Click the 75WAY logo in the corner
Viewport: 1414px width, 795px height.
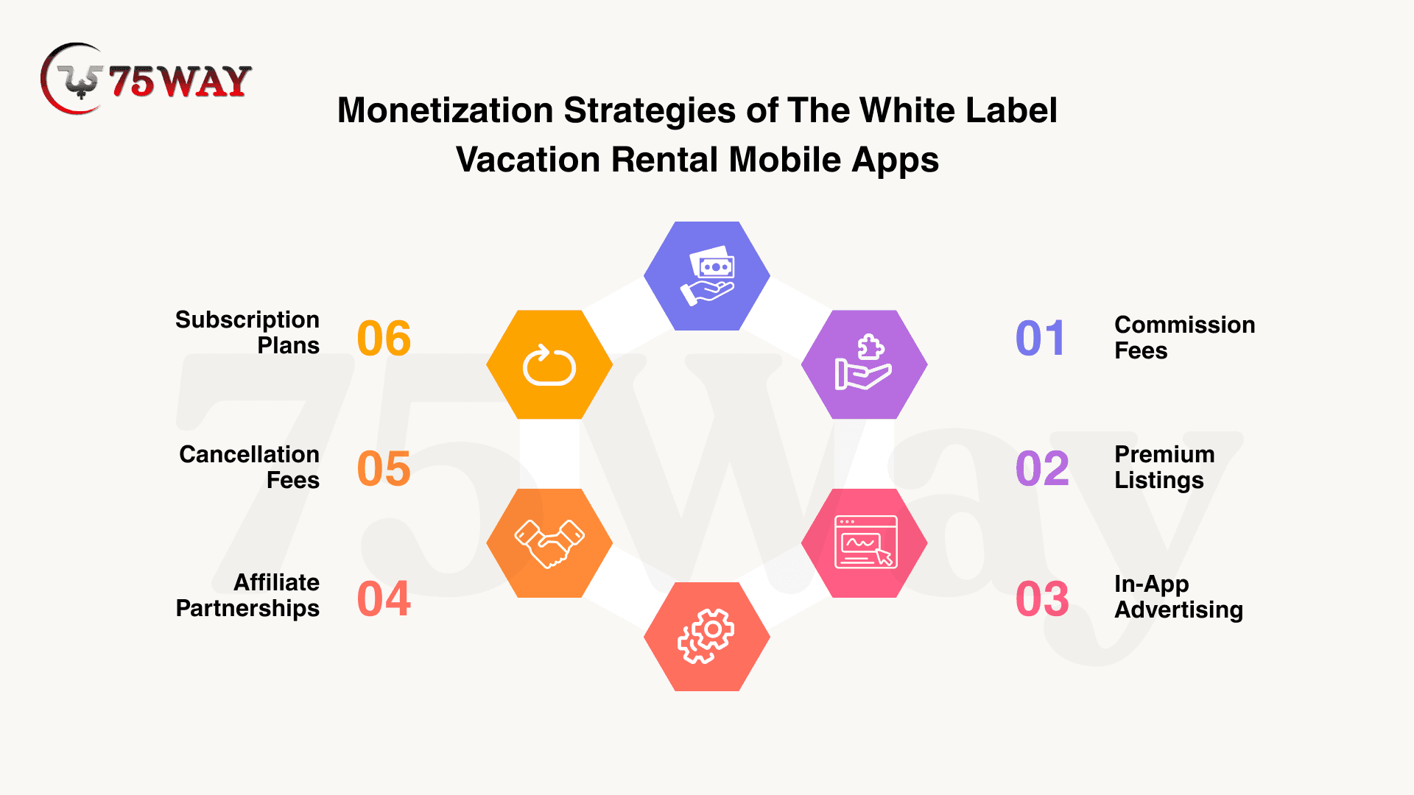pos(146,79)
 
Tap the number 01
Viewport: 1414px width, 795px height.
pos(1040,339)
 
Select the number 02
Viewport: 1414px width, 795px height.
pos(1042,468)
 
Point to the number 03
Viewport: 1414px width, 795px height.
pos(1042,598)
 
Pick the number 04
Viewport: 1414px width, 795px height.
pos(384,598)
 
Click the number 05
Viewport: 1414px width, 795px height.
pos(384,468)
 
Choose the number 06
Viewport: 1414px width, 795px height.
pos(384,339)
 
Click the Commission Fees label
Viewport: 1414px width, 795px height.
pos(1184,338)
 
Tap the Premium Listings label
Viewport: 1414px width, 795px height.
pos(1164,467)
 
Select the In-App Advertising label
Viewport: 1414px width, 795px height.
pos(1178,597)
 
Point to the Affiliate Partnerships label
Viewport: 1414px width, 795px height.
pos(247,596)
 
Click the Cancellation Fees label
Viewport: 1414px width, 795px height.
pos(249,467)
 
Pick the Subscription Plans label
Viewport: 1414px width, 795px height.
pos(247,333)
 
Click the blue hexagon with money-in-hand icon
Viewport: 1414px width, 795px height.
pos(707,276)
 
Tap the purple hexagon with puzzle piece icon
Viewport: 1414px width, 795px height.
pos(865,364)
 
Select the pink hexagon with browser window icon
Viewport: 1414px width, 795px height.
pos(865,543)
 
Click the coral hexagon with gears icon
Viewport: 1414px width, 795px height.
pos(707,637)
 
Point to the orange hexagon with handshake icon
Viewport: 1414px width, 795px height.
pos(549,543)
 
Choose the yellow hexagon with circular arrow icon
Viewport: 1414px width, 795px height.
pos(549,364)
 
